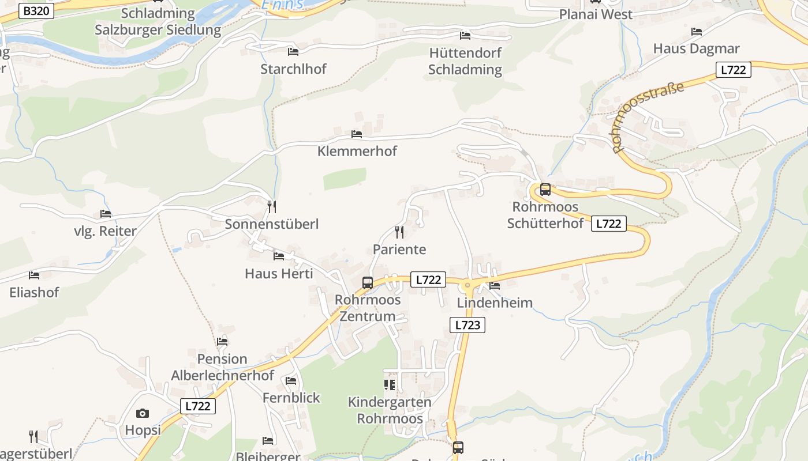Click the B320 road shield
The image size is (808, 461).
pyautogui.click(x=36, y=10)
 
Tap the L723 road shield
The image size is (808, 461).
pyautogui.click(x=467, y=325)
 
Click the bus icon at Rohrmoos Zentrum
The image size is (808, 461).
pyautogui.click(x=368, y=283)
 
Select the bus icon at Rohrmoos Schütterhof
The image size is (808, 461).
pyautogui.click(x=545, y=190)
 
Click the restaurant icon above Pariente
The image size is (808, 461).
pyautogui.click(x=399, y=232)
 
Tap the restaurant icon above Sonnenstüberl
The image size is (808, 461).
pyautogui.click(x=272, y=206)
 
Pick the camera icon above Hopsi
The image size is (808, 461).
pyautogui.click(x=143, y=413)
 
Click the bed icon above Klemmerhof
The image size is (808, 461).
pyautogui.click(x=357, y=134)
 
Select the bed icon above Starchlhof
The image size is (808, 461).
pyautogui.click(x=293, y=52)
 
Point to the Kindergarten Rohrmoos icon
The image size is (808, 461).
pyautogui.click(x=390, y=384)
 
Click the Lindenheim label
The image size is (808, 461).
pyautogui.click(x=495, y=303)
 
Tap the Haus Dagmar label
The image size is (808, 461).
pyautogui.click(x=696, y=48)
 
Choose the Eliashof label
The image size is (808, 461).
pyautogui.click(x=34, y=292)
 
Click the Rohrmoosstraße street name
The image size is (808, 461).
pyautogui.click(x=648, y=118)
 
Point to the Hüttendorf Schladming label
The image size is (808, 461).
pyautogui.click(x=465, y=61)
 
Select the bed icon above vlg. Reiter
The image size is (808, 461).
pyautogui.click(x=105, y=214)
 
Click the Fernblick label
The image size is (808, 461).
pyautogui.click(x=291, y=398)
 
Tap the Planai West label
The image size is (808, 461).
pyautogui.click(x=596, y=14)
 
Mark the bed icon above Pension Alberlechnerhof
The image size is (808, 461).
pyautogui.click(x=222, y=342)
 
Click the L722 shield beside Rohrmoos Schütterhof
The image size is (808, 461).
pyautogui.click(x=608, y=224)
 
